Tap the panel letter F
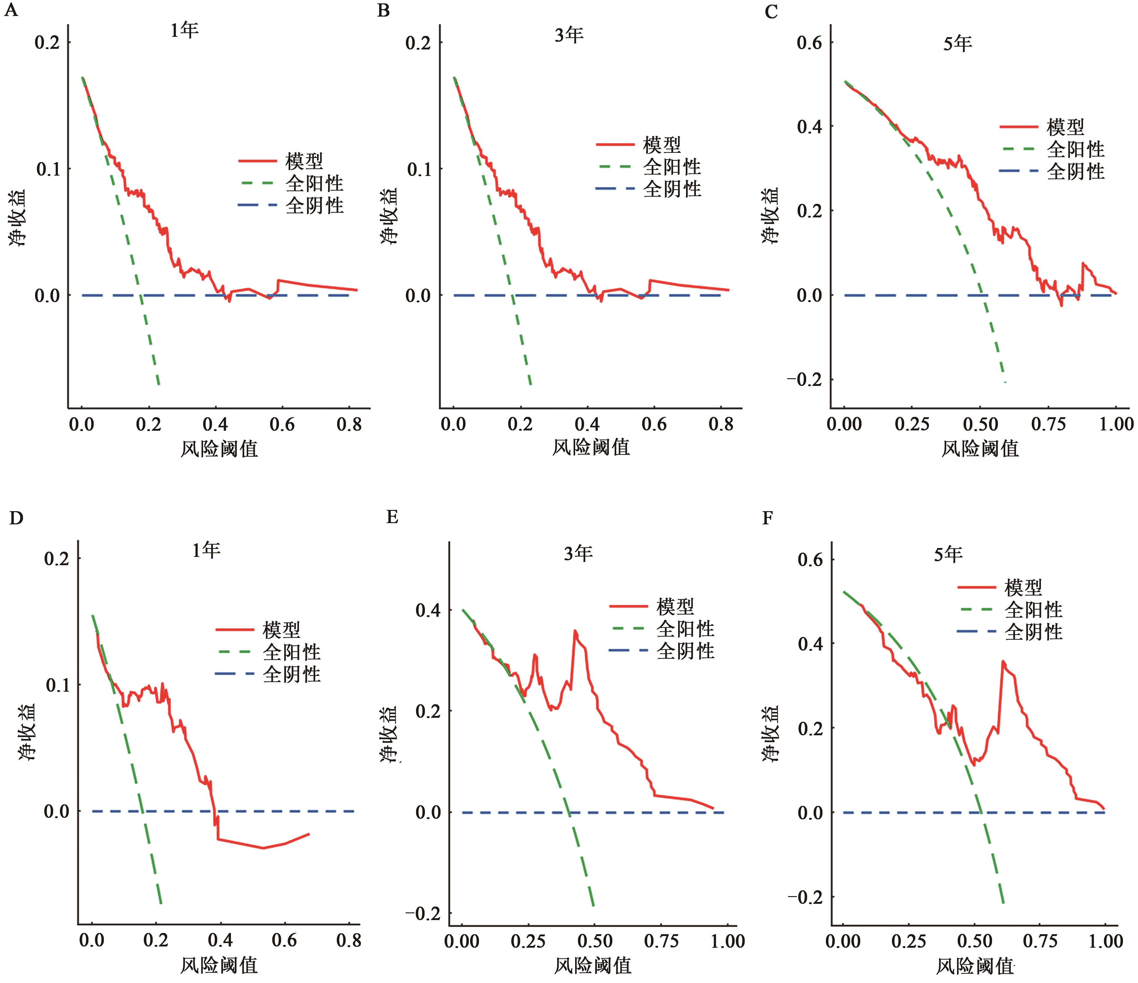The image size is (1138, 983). pos(768,518)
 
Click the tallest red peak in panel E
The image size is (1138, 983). pos(575,631)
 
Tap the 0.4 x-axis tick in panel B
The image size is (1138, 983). pos(587,424)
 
